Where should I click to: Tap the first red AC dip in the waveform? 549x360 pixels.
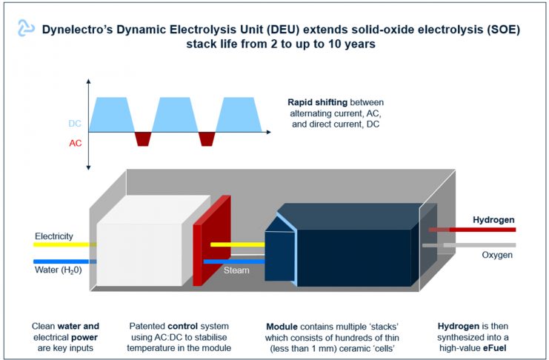(x=142, y=139)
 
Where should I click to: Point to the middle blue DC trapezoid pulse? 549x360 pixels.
(x=176, y=115)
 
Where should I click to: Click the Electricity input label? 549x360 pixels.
(x=53, y=236)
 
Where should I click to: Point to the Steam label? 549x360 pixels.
(x=236, y=270)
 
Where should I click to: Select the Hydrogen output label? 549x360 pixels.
(x=493, y=219)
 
